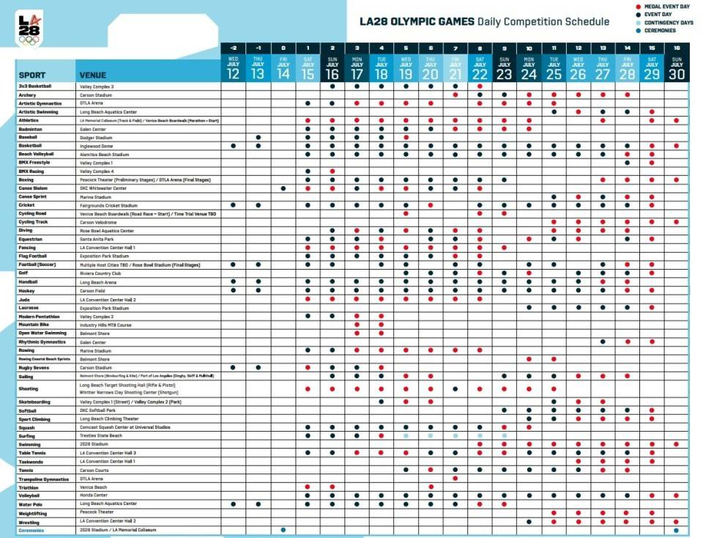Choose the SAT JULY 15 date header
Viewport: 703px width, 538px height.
308,67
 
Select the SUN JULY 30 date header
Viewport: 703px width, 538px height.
676,67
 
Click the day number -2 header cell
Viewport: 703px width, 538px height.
233,48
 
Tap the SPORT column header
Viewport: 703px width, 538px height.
32,75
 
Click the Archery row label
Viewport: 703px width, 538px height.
27,95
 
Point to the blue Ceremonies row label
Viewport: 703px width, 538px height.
31,529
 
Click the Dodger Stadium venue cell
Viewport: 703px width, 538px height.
97,137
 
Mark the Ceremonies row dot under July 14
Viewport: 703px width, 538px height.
283,529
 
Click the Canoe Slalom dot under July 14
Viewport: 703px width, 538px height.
283,188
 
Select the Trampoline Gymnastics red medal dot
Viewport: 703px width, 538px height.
455,479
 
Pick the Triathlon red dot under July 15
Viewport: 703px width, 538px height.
308,487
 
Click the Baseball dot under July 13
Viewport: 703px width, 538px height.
258,137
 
